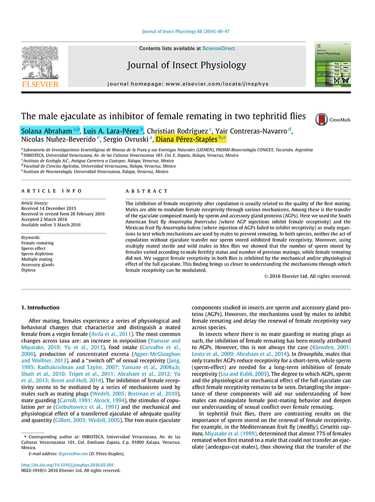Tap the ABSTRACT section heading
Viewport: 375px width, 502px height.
pos(147,191)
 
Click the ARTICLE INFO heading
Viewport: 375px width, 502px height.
pos(51,191)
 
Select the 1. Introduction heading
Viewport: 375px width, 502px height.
pos(40,307)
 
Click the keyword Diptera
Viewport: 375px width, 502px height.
pos(29,270)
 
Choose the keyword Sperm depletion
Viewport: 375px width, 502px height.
pos(37,253)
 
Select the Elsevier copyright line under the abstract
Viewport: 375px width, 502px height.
pos(307,276)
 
